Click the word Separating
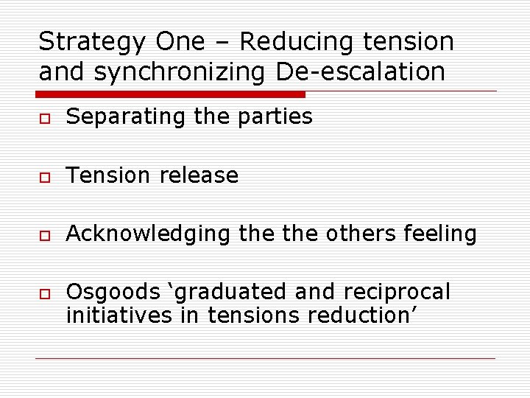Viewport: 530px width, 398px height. (124, 116)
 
